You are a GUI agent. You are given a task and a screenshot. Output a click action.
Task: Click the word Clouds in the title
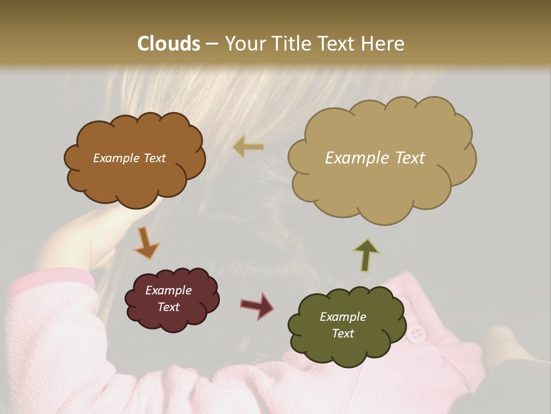pos(169,44)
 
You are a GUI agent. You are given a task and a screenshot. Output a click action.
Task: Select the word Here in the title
pos(383,44)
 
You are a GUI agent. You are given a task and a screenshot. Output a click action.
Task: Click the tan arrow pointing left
pos(248,147)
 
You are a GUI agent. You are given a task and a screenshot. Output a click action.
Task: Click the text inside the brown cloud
pos(130,158)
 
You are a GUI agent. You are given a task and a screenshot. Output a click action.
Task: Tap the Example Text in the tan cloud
pos(375,158)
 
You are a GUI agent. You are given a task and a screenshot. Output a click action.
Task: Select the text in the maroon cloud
pos(169,299)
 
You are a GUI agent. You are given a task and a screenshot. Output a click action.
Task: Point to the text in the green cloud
pos(343,325)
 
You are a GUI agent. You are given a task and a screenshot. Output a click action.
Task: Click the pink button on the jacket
pos(416,332)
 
